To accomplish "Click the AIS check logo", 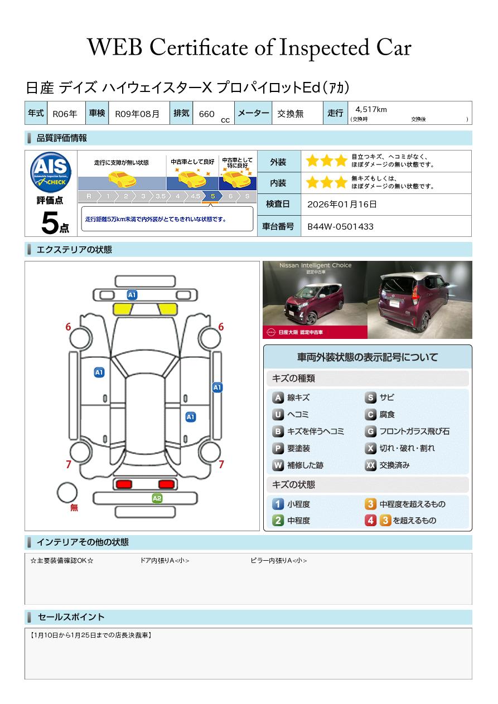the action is (51, 172).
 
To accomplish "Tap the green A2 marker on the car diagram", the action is (157, 498).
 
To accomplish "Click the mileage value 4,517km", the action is (371, 109).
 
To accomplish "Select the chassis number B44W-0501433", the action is (340, 227).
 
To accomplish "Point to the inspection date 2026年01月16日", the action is (342, 204).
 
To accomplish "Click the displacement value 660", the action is (206, 114).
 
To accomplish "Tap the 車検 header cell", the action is (97, 113).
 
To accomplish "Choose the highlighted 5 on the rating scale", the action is (213, 196).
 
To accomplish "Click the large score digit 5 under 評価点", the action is (50, 222).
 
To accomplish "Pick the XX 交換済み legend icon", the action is (370, 465).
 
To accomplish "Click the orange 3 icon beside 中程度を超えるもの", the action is (370, 504).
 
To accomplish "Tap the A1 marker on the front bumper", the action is (132, 295).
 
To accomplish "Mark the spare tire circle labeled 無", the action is (67, 493).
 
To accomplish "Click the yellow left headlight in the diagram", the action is (123, 309).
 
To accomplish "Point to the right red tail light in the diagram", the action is (166, 484).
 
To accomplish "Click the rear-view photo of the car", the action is (420, 300).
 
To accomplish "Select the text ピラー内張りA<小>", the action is (278, 560).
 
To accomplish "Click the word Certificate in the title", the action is (199, 47).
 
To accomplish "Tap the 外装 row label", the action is (278, 162).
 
